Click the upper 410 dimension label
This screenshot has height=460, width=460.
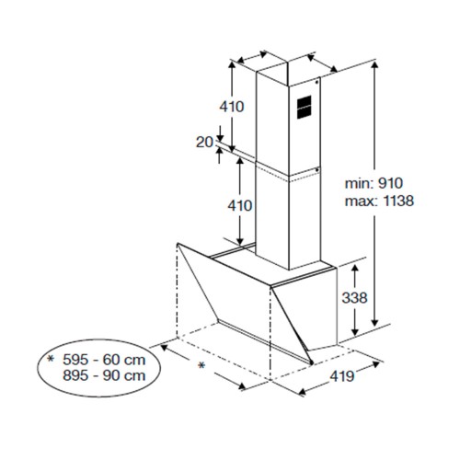pos(232,107)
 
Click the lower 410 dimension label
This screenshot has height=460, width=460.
pos(240,205)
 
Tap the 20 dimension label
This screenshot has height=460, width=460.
pos(204,143)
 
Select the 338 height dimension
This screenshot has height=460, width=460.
pos(354,297)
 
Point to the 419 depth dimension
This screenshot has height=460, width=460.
pos(342,376)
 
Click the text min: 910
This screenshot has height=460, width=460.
pos(374,183)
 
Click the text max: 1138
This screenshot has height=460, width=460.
pos(379,201)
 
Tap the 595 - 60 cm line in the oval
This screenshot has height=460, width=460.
pos(104,360)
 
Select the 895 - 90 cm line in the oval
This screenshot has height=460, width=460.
pos(104,375)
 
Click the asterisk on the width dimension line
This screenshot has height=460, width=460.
pos(201,365)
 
